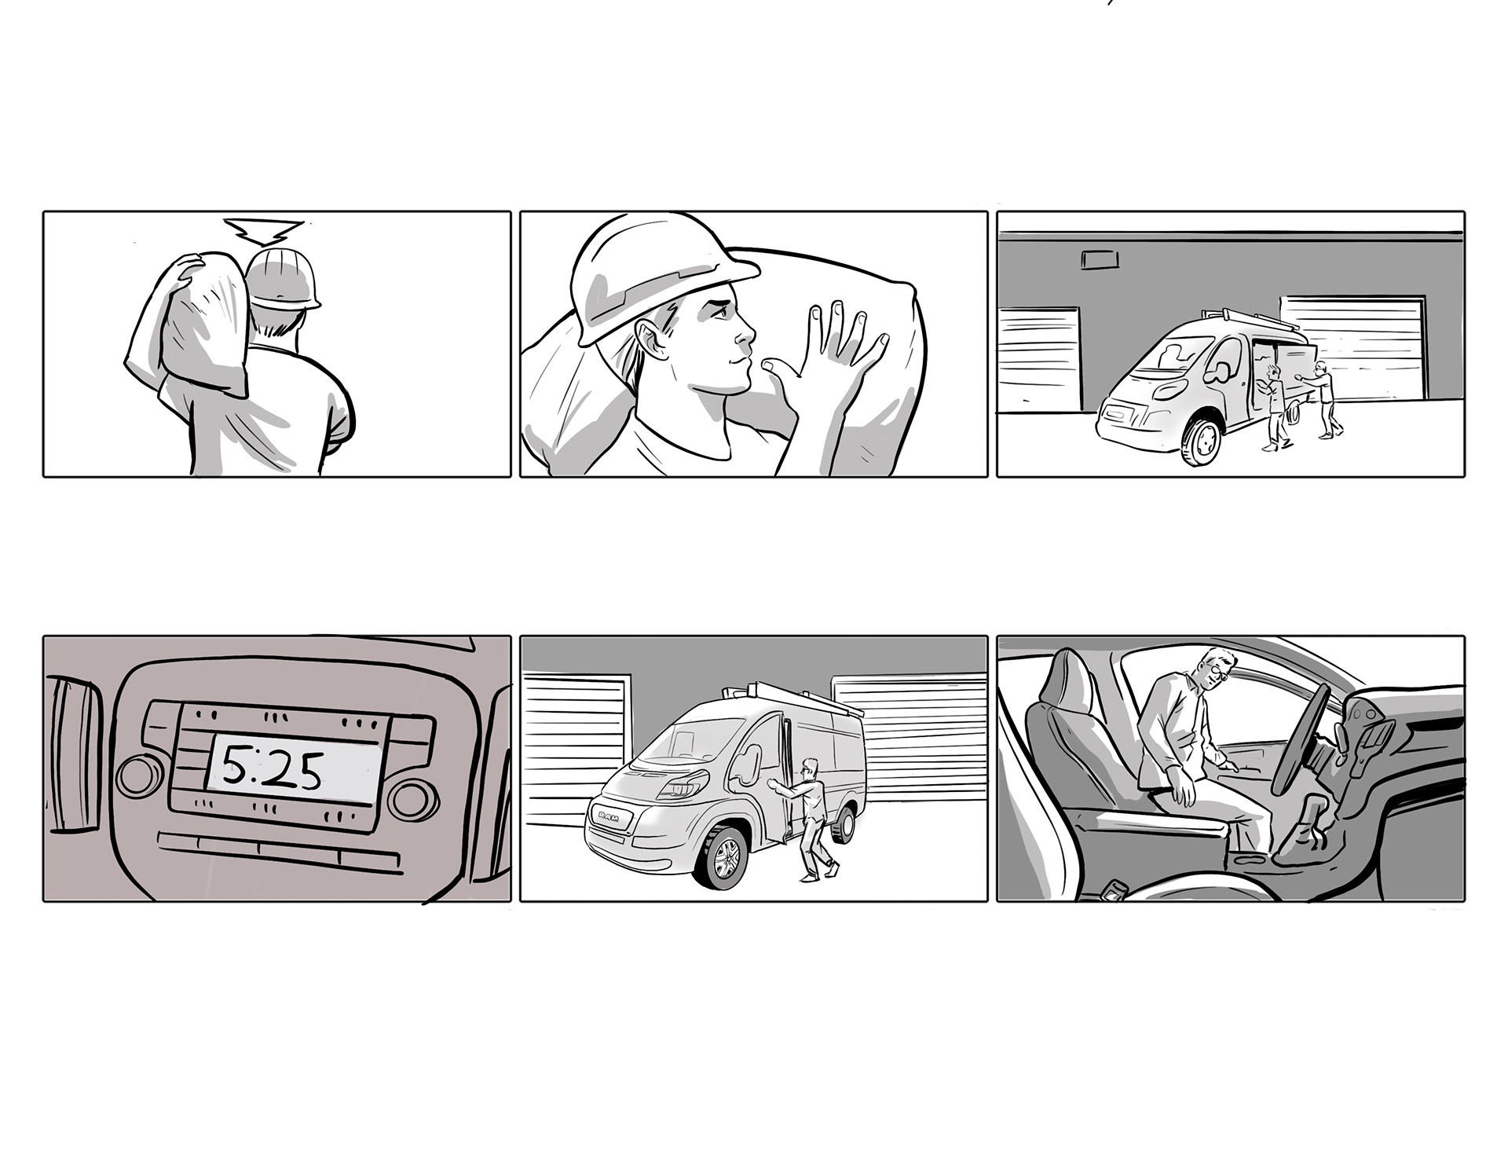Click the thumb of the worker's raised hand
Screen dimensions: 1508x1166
778,369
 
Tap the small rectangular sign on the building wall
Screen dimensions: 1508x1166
1099,259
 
